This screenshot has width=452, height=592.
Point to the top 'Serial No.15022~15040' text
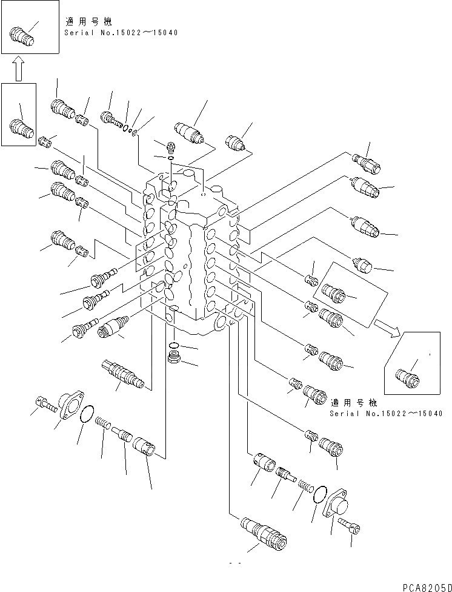(x=121, y=32)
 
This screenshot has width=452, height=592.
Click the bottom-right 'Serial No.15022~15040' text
(x=386, y=413)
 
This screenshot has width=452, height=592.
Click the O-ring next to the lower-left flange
(x=87, y=415)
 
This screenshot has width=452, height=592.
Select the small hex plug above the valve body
(x=170, y=146)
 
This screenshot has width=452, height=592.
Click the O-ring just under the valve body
(x=174, y=346)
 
